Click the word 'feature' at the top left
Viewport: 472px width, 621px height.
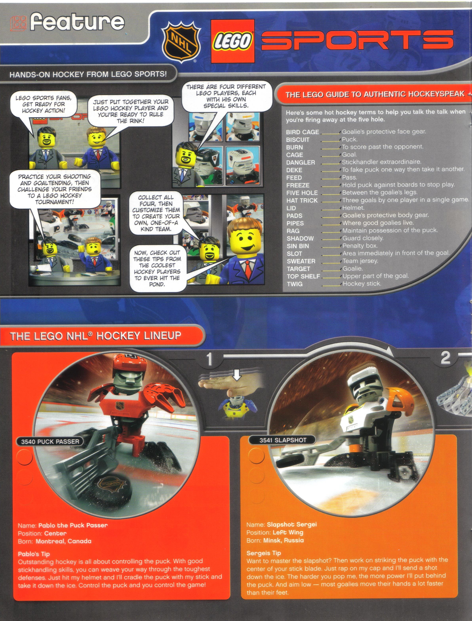77,23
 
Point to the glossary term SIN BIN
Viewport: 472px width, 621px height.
298,246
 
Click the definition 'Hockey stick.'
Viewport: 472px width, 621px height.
362,283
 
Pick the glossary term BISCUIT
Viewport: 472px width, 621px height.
298,140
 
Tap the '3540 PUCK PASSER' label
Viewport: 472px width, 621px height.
50,441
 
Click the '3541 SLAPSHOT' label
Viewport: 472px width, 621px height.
283,440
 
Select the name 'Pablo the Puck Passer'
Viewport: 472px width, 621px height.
73,525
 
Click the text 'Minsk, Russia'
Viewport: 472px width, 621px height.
284,540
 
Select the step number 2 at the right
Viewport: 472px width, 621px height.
445,358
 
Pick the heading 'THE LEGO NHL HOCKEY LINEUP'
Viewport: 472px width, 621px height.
95,336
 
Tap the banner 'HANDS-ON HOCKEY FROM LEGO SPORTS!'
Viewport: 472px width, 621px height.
88,74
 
